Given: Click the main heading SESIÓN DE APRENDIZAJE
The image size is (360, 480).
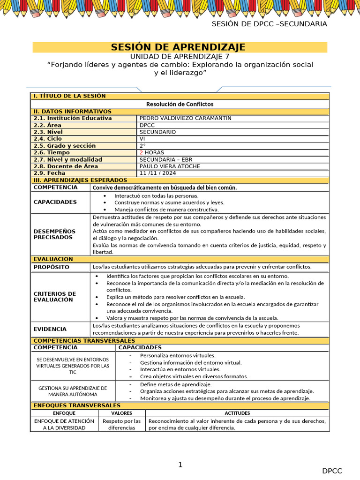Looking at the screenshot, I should [178, 47].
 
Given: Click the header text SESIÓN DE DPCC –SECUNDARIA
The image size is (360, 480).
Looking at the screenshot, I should [269, 24].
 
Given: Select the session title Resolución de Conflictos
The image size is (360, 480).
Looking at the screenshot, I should [180, 104].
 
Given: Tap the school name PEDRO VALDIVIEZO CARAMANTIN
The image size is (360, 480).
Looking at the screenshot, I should [185, 118].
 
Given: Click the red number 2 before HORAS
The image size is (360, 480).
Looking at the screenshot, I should [141, 152].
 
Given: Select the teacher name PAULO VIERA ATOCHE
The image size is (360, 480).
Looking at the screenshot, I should [170, 166].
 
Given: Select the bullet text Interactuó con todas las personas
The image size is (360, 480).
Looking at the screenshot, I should [156, 195].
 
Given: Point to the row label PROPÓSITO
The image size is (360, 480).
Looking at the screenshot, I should [51, 267].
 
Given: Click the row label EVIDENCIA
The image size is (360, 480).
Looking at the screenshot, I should [50, 329].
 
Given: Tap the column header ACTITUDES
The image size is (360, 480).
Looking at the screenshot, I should [237, 413].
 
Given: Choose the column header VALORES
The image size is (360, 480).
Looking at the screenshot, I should [121, 413].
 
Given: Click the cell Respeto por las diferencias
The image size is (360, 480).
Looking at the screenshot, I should [121, 424].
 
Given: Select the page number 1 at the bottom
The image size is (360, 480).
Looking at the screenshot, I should [180, 465].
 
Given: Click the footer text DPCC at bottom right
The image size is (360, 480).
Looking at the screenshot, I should [332, 471].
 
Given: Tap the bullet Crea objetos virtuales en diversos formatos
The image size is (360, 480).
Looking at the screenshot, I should [194, 376].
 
